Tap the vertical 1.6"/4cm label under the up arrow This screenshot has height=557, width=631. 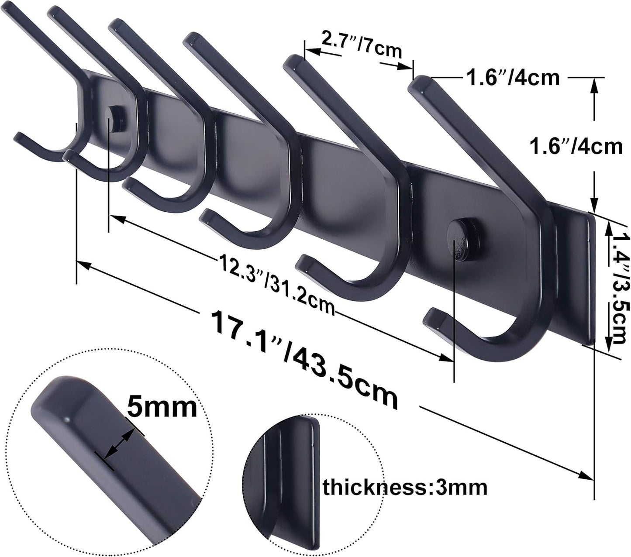pos(576,146)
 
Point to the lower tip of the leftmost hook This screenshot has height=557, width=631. pos(20,137)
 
